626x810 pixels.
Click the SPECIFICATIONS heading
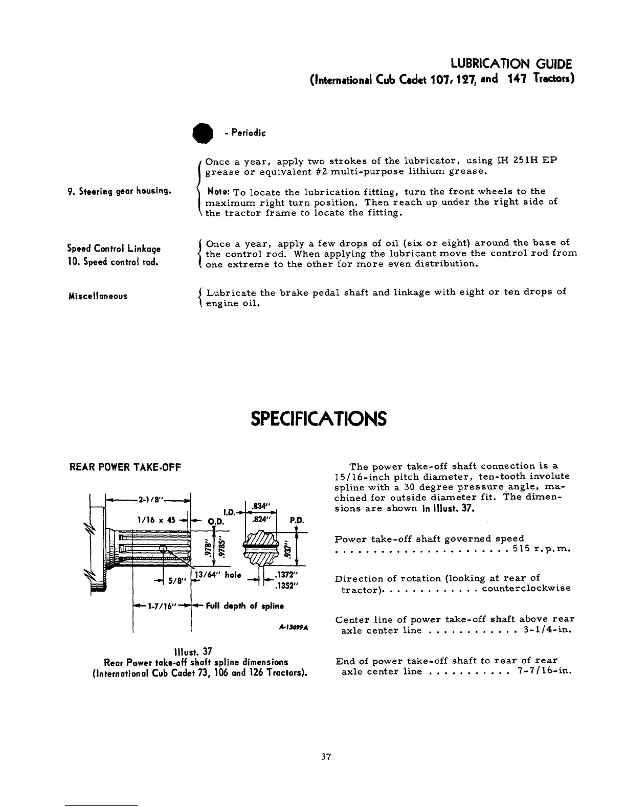click(x=318, y=419)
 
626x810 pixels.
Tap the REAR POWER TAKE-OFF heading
click(x=125, y=467)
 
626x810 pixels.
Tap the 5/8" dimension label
click(x=175, y=580)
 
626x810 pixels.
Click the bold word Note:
click(x=218, y=192)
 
